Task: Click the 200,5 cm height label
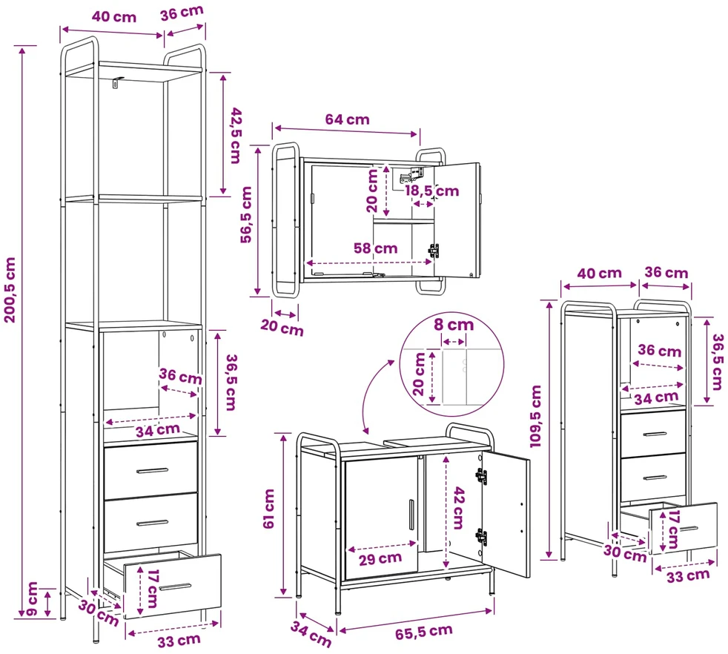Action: pyautogui.click(x=10, y=290)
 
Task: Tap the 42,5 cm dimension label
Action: pyautogui.click(x=236, y=136)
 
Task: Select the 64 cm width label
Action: pyautogui.click(x=347, y=119)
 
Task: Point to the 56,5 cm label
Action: pyautogui.click(x=245, y=214)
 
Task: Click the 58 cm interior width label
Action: pyautogui.click(x=376, y=248)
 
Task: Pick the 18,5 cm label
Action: pyautogui.click(x=431, y=191)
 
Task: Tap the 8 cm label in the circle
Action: pyautogui.click(x=454, y=324)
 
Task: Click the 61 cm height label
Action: pyautogui.click(x=269, y=509)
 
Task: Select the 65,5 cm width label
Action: pyautogui.click(x=424, y=632)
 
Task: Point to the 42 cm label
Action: pyautogui.click(x=458, y=508)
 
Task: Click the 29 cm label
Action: pyautogui.click(x=380, y=559)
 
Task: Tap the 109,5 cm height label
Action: pyautogui.click(x=536, y=416)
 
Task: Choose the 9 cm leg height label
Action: pyautogui.click(x=32, y=598)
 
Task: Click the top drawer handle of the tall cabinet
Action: pyautogui.click(x=152, y=471)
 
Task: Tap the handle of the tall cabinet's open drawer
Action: pyautogui.click(x=174, y=587)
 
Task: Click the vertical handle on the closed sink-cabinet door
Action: pyautogui.click(x=411, y=515)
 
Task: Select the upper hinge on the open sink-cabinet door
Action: pyautogui.click(x=481, y=475)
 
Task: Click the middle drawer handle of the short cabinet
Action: pyautogui.click(x=655, y=478)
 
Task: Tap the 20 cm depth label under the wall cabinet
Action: pyautogui.click(x=282, y=328)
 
